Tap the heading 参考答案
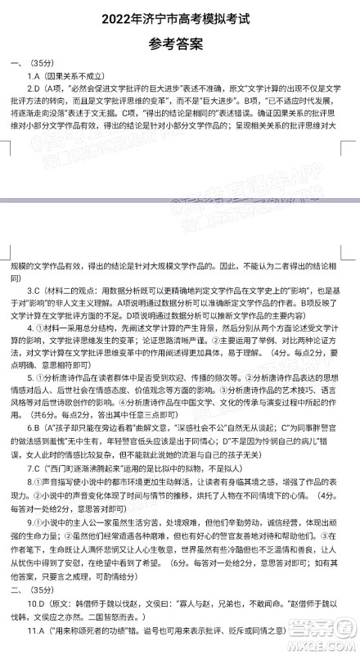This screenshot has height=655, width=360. coord(181,45)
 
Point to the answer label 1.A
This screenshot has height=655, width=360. coord(35,75)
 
